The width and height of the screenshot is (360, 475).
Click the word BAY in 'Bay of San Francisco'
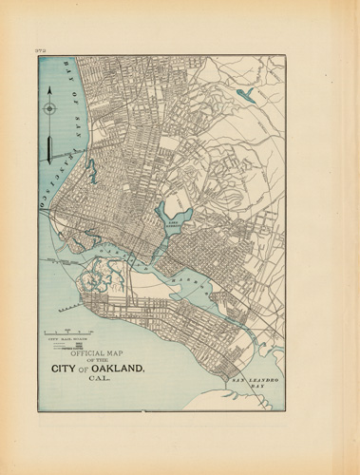tap(64, 69)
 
